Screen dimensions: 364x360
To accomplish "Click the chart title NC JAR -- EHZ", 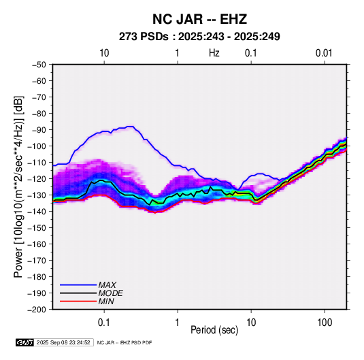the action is tap(199, 19).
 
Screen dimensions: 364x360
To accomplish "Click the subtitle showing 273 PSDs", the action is tap(199, 37).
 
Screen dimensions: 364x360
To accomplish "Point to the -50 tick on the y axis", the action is tap(39, 65).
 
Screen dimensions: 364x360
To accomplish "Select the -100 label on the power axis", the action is tap(37, 146).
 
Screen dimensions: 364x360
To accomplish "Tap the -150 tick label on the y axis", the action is tap(37, 228).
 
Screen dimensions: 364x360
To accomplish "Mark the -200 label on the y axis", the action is tap(37, 310).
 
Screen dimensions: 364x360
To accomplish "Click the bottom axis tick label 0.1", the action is tap(104, 323).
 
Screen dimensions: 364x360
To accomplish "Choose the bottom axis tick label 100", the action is tap(325, 323).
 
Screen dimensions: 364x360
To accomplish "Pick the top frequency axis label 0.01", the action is tap(324, 53).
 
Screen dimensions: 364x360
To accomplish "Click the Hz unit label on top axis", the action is tap(214, 53).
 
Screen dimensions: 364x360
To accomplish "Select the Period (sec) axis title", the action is tap(214, 330).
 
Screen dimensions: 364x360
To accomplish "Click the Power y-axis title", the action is tap(18, 187).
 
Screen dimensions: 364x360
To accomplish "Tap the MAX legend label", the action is tap(107, 285).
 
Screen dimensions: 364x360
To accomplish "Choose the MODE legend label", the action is tap(110, 293).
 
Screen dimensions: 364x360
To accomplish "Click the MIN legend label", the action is tap(106, 301).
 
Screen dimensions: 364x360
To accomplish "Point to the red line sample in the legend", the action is tap(78, 301).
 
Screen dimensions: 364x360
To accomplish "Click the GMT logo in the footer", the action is tap(24, 342).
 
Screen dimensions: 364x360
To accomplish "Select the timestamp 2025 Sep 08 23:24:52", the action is tap(63, 342).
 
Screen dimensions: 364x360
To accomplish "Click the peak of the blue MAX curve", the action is tap(131, 127).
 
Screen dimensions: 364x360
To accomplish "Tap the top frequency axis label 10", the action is tap(104, 53).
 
